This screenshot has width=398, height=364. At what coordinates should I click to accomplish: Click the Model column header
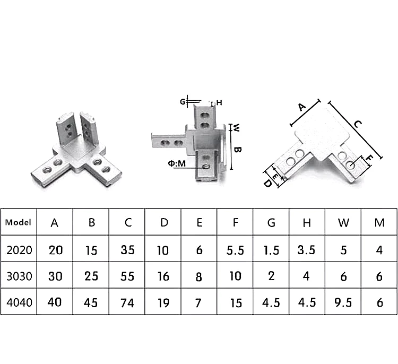pyautogui.click(x=18, y=222)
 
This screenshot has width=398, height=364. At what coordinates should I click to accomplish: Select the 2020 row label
pyautogui.click(x=19, y=250)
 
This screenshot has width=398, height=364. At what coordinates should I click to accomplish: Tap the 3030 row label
pyautogui.click(x=19, y=276)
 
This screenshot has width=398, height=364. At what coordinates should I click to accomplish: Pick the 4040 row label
pyautogui.click(x=19, y=302)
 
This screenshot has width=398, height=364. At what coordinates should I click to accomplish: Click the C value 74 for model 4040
pyautogui.click(x=127, y=302)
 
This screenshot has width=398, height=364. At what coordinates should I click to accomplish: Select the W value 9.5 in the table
pyautogui.click(x=343, y=302)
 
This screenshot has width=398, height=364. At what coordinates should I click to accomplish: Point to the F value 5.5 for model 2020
pyautogui.click(x=235, y=250)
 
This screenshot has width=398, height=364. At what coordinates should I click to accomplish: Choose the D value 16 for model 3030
pyautogui.click(x=163, y=276)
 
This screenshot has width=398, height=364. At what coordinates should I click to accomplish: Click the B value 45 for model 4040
pyautogui.click(x=91, y=302)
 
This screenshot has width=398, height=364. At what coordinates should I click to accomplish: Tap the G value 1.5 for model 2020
pyautogui.click(x=271, y=250)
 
